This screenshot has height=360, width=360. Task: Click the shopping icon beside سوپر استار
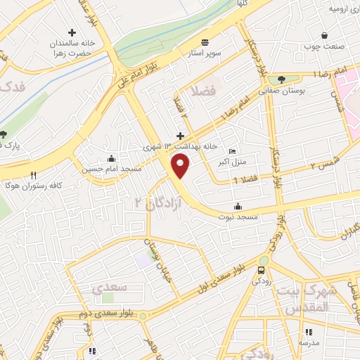click(x=204, y=41)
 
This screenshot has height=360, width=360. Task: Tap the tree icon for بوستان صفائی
click(x=282, y=79)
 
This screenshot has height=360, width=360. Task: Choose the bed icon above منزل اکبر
click(x=233, y=151)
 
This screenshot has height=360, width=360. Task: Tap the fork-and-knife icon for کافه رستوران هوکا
click(x=33, y=175)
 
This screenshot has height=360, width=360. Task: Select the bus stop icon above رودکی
click(x=262, y=270)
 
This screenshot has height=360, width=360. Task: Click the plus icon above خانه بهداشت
click(x=180, y=135)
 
